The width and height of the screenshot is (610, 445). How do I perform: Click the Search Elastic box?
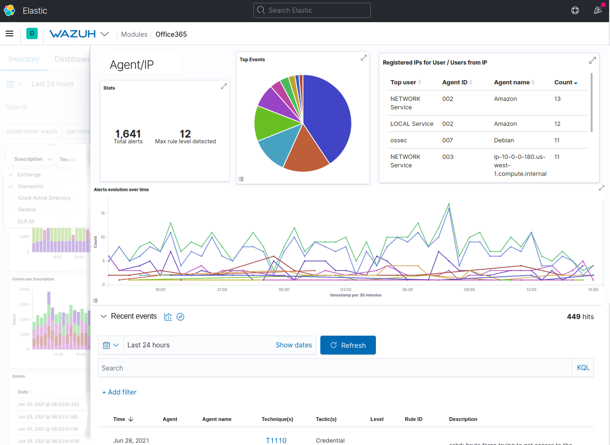(x=312, y=10)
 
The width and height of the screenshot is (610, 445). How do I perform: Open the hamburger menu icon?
(x=9, y=33)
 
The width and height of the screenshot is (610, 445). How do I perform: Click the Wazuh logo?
(x=73, y=34)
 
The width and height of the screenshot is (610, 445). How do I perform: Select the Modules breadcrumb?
(x=134, y=34)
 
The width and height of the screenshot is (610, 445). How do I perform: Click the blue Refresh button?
(x=348, y=345)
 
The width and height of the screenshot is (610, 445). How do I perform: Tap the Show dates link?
(x=293, y=345)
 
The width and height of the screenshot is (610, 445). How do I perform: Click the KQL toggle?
(x=583, y=368)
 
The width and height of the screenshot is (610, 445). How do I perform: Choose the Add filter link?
(x=119, y=392)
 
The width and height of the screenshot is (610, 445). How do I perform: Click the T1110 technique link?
(x=276, y=440)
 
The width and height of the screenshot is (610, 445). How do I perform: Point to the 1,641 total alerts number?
(x=128, y=134)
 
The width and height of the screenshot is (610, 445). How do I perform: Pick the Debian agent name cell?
(x=504, y=140)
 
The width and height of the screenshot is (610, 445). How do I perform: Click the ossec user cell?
(x=399, y=140)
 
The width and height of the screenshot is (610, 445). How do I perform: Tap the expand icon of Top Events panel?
(x=364, y=58)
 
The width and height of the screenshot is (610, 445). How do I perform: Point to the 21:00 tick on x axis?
(x=222, y=289)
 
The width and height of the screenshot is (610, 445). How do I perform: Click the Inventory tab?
(x=24, y=59)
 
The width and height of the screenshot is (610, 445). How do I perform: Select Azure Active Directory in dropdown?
(x=44, y=198)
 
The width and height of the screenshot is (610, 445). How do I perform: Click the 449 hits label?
(x=580, y=317)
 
